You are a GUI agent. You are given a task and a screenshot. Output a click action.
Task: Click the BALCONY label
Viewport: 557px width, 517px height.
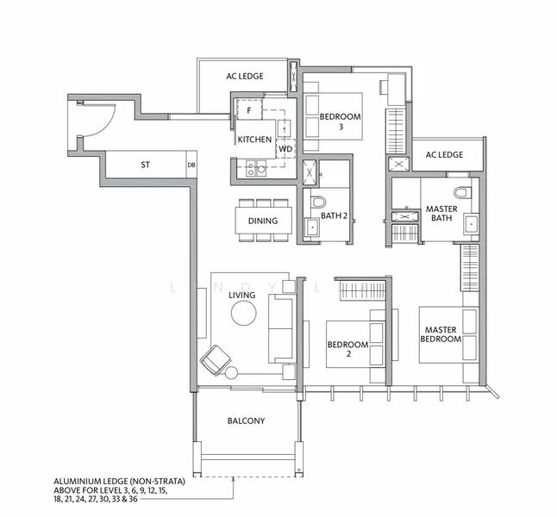[x=246, y=421]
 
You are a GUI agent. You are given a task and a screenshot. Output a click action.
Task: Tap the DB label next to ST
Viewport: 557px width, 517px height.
[x=191, y=164]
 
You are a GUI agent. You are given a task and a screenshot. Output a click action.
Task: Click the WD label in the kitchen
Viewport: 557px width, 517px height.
[x=285, y=148]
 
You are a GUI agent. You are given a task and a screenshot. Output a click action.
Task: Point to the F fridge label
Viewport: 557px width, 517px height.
[x=249, y=111]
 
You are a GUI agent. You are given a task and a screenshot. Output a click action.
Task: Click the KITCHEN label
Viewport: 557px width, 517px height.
[x=254, y=139]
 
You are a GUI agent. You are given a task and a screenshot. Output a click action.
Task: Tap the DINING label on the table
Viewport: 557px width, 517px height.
[x=262, y=221]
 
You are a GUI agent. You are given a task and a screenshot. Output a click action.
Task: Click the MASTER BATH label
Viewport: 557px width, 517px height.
[x=441, y=213]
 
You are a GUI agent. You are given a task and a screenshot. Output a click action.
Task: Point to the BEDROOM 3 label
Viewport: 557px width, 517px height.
[x=340, y=121]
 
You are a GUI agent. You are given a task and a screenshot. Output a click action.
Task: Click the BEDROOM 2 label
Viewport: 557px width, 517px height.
[x=347, y=349]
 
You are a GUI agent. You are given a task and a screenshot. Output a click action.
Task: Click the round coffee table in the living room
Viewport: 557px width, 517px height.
[x=242, y=315]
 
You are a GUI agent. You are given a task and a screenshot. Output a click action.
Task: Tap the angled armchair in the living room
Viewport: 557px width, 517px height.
[x=215, y=356]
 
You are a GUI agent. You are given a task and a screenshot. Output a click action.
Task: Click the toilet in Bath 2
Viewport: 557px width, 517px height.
[x=314, y=203]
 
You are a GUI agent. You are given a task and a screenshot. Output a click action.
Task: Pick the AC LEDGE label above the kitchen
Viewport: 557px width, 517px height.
[x=245, y=77]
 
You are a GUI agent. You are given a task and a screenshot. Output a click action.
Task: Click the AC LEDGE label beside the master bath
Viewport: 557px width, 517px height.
[x=444, y=155]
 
